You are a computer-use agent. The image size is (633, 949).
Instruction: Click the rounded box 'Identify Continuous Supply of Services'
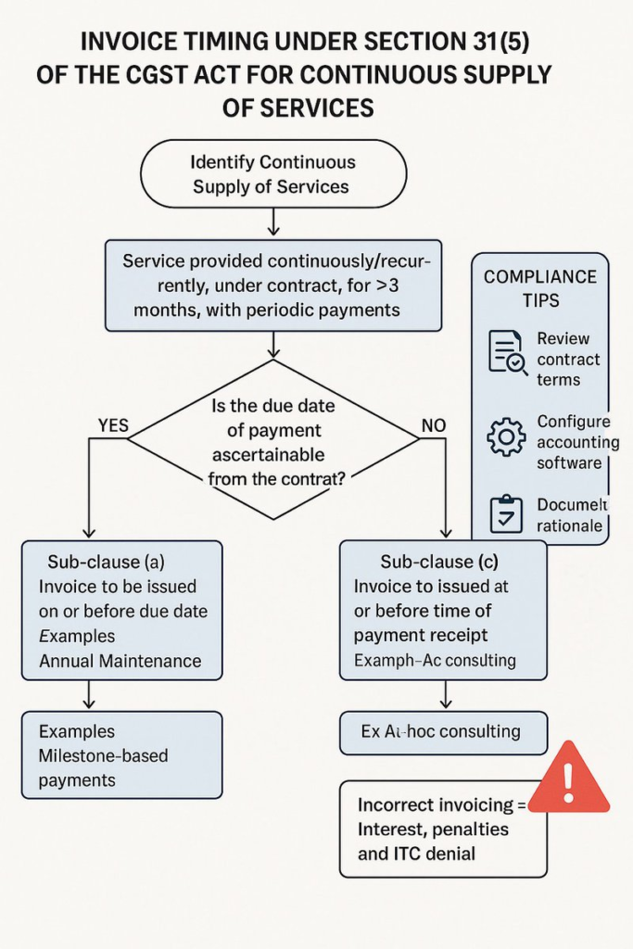[x=272, y=174]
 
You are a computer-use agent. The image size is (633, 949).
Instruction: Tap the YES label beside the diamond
[x=113, y=426]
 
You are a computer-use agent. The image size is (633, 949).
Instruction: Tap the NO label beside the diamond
[x=433, y=425]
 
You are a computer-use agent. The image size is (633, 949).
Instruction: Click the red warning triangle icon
[x=568, y=780]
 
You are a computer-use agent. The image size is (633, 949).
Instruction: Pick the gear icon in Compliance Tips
[x=506, y=437]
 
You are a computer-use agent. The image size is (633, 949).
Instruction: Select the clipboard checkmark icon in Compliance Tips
[x=506, y=515]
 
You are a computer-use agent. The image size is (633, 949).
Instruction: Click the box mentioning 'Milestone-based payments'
[x=121, y=755]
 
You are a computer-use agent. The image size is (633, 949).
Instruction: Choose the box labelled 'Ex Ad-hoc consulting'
[x=443, y=732]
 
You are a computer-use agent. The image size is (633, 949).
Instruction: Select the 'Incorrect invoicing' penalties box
[x=442, y=829]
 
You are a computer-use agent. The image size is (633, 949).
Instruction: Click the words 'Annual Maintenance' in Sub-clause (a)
[x=120, y=661]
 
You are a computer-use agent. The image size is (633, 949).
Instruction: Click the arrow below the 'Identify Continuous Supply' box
[x=272, y=223]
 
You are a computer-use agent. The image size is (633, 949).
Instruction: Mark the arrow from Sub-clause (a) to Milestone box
[x=89, y=695]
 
